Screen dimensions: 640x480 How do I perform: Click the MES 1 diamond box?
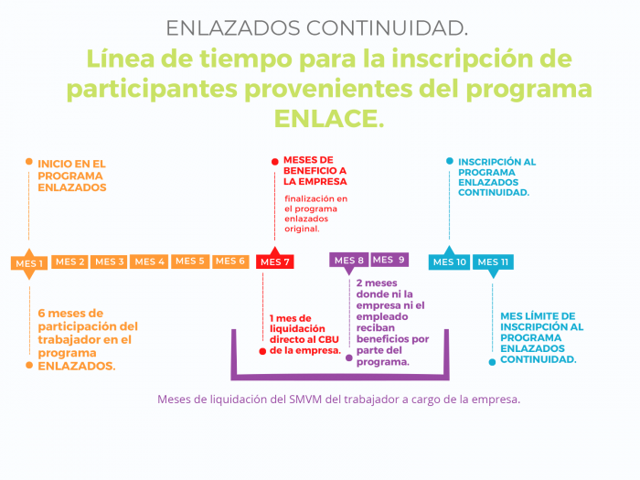[29, 263]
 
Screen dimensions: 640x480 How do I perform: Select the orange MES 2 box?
[69, 261]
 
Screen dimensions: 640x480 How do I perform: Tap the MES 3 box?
[109, 261]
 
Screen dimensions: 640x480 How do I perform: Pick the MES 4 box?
[149, 261]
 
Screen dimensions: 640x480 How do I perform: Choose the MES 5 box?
[190, 261]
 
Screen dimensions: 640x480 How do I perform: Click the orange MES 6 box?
[230, 261]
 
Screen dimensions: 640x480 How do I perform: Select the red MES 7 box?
[274, 261]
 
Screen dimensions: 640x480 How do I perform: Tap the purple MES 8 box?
[349, 261]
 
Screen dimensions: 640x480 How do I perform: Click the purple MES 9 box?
[389, 260]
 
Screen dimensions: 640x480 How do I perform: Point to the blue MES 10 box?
[449, 261]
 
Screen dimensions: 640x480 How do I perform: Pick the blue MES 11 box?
[493, 264]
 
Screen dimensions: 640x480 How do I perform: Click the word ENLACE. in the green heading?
[329, 119]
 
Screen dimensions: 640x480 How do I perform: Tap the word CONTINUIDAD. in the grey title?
[387, 28]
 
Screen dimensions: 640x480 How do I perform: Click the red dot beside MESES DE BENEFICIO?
[274, 162]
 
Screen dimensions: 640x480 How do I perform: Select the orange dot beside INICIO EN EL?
[29, 162]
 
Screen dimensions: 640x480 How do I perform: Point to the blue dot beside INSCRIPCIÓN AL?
[450, 161]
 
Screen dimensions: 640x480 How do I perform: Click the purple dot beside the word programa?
[349, 358]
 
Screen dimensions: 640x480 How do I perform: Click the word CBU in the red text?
[328, 339]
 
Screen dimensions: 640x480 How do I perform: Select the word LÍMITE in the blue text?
[542, 316]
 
